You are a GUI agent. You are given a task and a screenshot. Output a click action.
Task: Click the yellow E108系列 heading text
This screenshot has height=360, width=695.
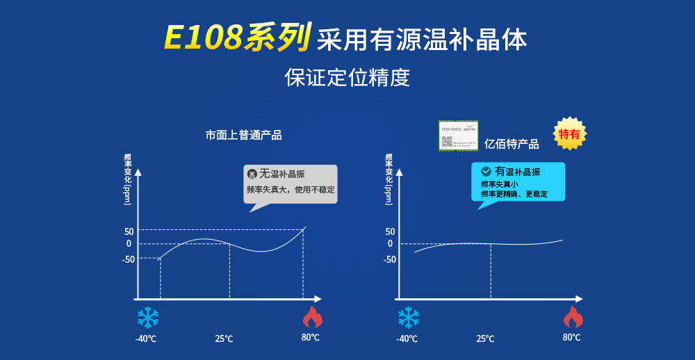[x=236, y=38]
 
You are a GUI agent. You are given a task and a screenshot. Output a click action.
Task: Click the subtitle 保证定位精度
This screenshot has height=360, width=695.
[x=347, y=77]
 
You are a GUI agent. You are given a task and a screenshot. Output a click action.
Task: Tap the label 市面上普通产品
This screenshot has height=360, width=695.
[x=243, y=136]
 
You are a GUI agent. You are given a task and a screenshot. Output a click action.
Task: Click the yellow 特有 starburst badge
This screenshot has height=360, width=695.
[x=569, y=134]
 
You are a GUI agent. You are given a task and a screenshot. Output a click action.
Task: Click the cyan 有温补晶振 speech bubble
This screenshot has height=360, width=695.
[x=518, y=182]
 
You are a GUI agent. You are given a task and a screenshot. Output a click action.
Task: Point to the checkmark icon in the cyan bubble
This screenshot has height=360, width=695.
[x=486, y=171]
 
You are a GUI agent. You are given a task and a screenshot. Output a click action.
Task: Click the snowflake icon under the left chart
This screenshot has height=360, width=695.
[x=148, y=318]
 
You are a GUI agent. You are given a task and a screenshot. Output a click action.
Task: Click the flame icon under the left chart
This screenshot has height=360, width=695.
[x=312, y=317]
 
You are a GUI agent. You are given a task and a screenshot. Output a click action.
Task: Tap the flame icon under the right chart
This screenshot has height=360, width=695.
[x=573, y=317]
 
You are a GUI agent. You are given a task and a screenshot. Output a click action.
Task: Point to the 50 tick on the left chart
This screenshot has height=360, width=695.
[x=129, y=231]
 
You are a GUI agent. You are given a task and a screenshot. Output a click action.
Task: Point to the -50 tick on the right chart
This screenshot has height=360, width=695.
[x=389, y=259]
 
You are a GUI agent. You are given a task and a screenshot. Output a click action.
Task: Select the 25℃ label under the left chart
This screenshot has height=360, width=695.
[x=224, y=338]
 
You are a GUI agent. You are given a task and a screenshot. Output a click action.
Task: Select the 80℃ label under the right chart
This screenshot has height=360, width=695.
[x=571, y=337]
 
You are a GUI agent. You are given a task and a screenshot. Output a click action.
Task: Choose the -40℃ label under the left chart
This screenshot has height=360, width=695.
[x=145, y=338]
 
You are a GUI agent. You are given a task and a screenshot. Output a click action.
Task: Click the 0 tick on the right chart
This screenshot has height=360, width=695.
[x=390, y=244]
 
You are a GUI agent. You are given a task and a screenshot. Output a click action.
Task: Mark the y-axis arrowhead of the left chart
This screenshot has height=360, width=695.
[x=138, y=172]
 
